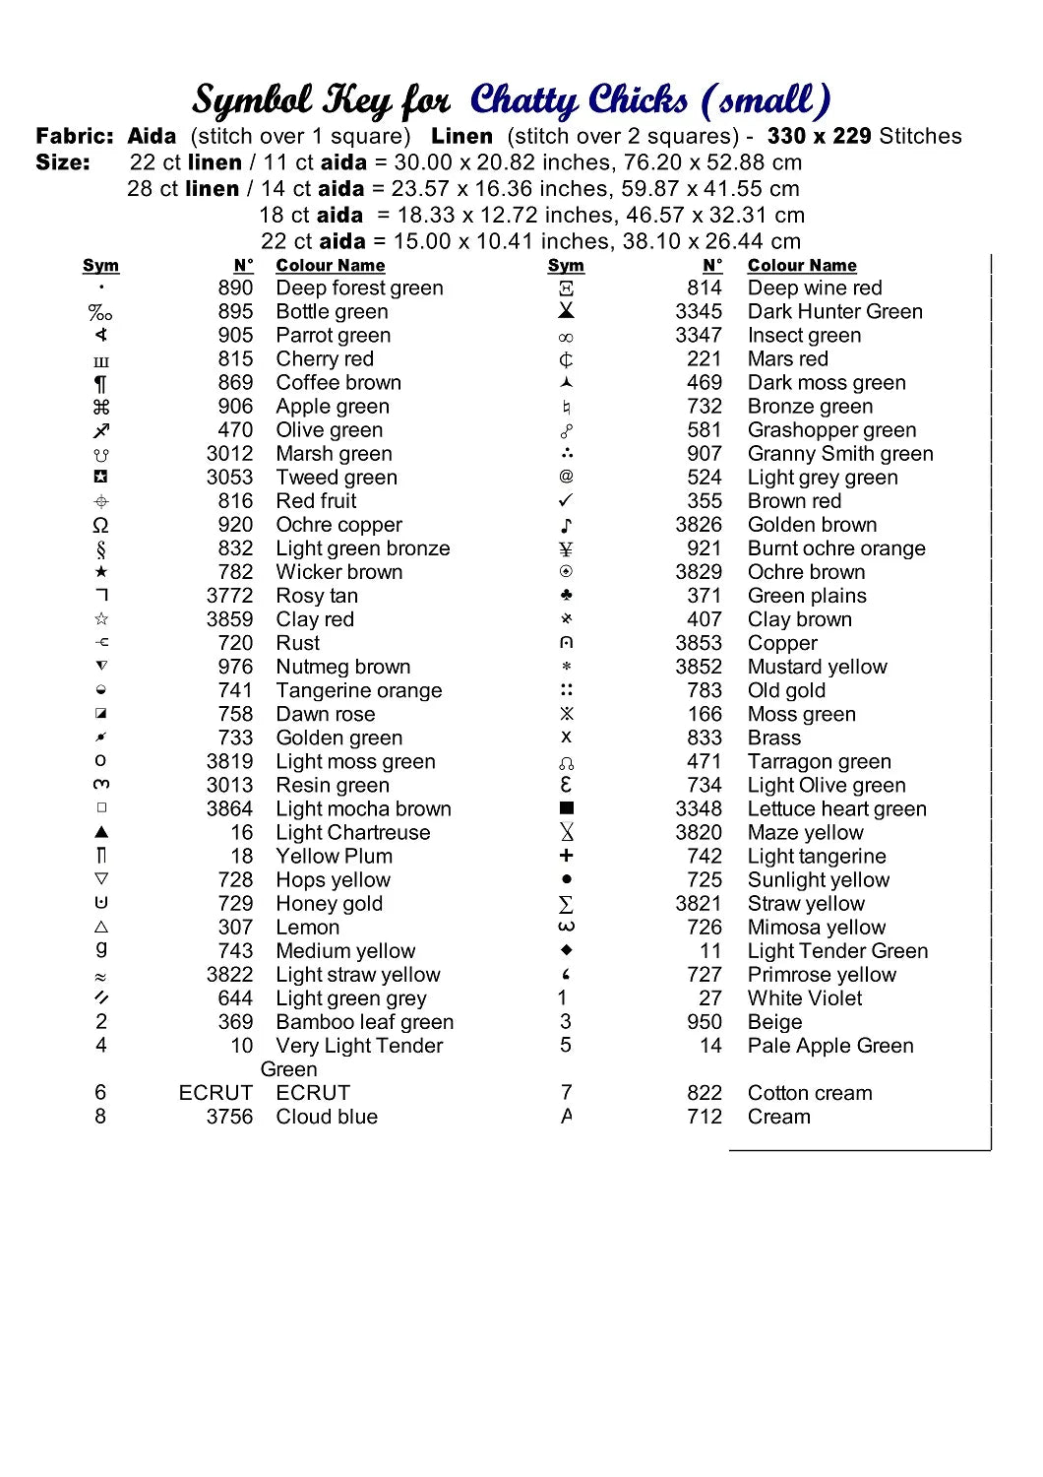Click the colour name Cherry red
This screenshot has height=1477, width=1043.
pos(325,359)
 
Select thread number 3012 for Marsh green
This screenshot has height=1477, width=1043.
pos(229,454)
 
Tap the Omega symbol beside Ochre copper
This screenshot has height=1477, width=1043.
pos(100,525)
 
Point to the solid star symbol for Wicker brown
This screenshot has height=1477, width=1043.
pos(100,572)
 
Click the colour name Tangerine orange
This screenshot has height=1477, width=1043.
pos(358,690)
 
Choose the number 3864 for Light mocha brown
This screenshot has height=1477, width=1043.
pos(229,808)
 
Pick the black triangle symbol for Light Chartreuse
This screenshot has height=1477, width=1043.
pos(100,832)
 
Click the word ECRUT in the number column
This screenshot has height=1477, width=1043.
pos(215,1093)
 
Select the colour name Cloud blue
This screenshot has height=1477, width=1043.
pos(327,1117)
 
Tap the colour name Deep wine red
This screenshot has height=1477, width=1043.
pos(815,289)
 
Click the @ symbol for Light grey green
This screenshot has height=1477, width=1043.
pos(566,477)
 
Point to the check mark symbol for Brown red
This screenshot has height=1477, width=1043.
pos(566,500)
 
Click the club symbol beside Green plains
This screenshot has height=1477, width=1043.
pos(566,595)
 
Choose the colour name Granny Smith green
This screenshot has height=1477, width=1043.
pos(840,454)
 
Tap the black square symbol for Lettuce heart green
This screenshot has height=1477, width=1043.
pos(566,808)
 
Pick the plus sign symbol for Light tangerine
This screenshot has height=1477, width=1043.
pos(566,856)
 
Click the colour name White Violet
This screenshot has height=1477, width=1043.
pos(805,998)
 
